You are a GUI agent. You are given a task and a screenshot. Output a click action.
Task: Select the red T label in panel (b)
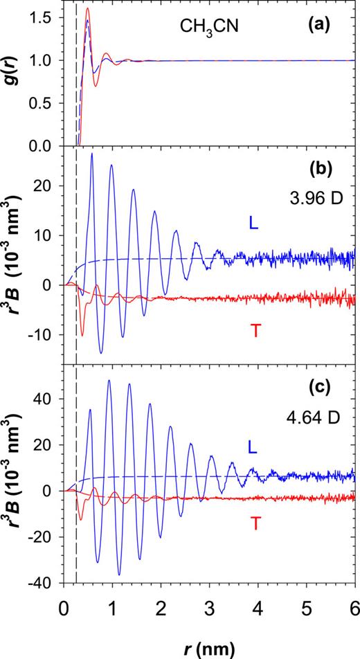(x=255, y=331)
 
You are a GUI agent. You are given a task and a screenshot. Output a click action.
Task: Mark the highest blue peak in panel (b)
(x=92, y=154)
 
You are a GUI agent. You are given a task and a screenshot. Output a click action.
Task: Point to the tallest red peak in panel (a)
(x=87, y=9)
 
